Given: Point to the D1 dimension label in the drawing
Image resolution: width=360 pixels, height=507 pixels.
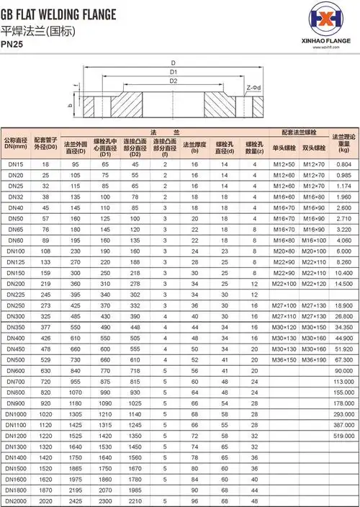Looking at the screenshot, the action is click(174, 72).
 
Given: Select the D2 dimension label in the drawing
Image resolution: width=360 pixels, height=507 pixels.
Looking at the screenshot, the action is click(174, 81).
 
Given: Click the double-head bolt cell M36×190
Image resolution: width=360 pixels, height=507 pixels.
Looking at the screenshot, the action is click(314, 359).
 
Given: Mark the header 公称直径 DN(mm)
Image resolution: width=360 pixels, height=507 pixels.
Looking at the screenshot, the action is click(16, 143).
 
